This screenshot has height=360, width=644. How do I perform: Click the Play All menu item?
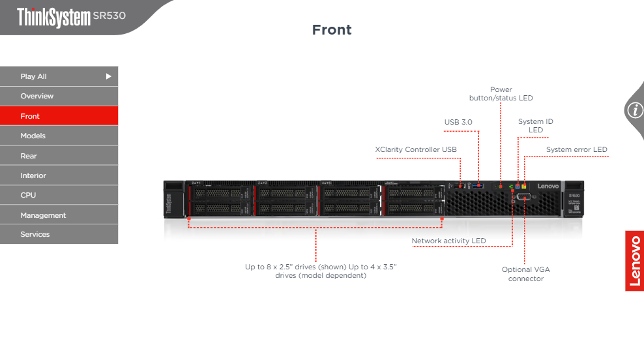tap(59, 76)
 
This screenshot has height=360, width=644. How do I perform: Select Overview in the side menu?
tap(59, 96)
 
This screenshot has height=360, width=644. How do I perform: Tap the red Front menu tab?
tap(59, 116)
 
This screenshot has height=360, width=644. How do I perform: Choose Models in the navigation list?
tap(59, 136)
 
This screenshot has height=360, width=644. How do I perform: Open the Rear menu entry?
tap(59, 156)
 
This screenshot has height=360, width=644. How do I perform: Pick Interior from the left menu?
tap(59, 175)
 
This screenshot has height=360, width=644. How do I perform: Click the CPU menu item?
tap(59, 195)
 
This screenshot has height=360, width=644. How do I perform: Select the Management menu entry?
tap(59, 215)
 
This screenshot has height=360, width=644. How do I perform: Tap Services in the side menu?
tap(59, 234)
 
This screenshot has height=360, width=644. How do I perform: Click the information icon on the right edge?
tap(634, 110)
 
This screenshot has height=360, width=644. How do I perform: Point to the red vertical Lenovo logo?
tap(635, 261)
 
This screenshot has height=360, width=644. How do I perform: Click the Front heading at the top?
tap(332, 30)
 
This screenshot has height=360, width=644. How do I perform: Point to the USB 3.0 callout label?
tap(458, 122)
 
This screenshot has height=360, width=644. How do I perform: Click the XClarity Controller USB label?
tap(416, 149)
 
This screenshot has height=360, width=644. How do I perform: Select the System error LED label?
tap(576, 149)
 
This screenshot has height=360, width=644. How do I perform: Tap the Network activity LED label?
tap(448, 241)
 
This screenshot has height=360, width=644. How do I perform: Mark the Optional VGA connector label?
tap(526, 274)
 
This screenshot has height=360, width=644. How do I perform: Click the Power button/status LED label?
tap(501, 94)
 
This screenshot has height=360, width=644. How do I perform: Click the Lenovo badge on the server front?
tap(548, 187)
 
